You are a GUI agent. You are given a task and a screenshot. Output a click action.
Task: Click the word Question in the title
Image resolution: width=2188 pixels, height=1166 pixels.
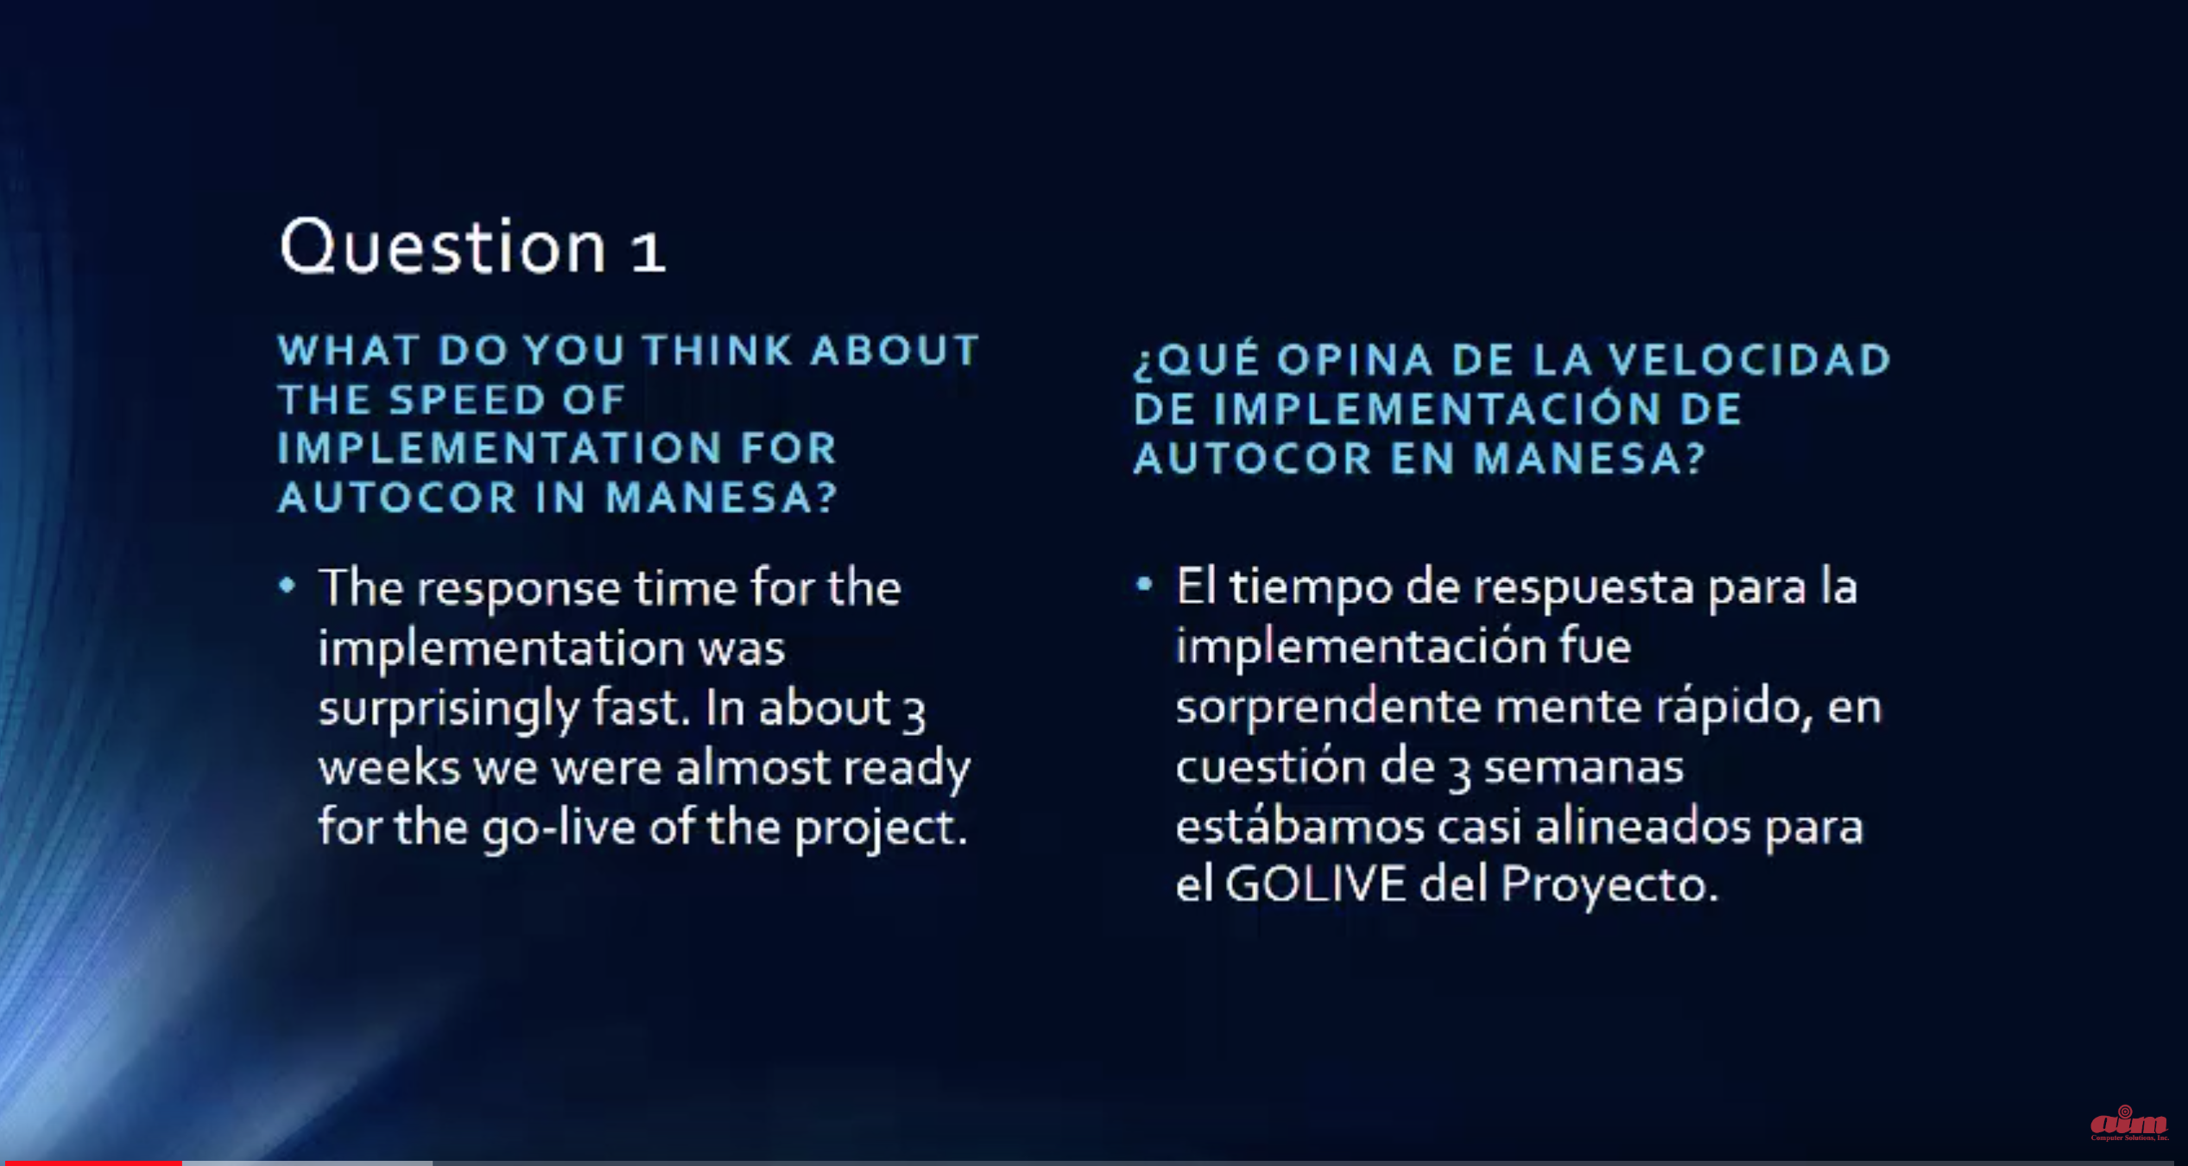442,247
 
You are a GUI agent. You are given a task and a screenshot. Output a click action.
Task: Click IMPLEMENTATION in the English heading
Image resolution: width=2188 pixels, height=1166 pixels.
499,447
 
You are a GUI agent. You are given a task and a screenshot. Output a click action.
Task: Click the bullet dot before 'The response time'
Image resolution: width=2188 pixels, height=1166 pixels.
288,586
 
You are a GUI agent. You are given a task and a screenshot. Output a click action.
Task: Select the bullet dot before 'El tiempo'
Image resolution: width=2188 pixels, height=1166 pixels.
1144,585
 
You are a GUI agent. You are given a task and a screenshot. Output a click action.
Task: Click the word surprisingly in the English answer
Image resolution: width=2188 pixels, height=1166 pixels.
449,710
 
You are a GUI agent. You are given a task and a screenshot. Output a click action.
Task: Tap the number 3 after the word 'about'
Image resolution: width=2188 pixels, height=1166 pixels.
914,713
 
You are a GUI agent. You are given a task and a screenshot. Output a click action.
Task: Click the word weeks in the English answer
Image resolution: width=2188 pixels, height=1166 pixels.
389,766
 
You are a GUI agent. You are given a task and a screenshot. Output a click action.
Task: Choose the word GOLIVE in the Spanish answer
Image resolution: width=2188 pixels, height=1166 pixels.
1316,884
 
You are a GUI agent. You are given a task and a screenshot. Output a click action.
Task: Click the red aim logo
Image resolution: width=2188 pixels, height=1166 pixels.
2128,1123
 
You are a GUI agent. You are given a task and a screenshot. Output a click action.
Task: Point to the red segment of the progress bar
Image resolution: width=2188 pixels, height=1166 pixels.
91,1163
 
